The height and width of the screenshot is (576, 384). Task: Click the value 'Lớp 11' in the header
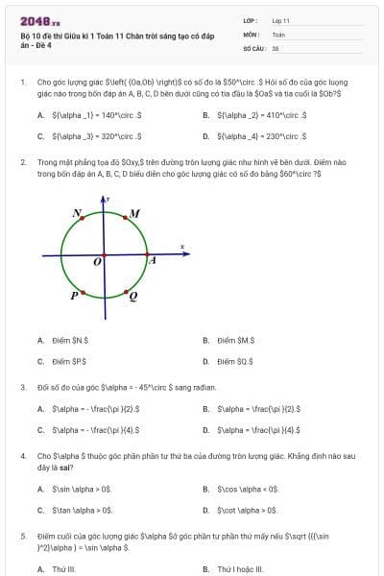click(281, 20)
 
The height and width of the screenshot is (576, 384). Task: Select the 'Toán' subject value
click(278, 34)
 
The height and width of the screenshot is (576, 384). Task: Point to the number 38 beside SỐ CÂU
click(276, 47)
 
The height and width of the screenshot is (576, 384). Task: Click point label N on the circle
click(77, 212)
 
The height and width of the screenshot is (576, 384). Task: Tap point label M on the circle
click(134, 213)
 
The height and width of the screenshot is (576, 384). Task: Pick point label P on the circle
click(74, 296)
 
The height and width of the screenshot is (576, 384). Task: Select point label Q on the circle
click(132, 296)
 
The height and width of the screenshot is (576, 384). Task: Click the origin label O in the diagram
click(97, 261)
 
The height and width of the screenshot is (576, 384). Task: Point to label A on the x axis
click(151, 259)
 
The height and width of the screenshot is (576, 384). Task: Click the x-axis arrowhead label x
click(181, 248)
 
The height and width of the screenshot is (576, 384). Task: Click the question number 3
click(22, 388)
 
